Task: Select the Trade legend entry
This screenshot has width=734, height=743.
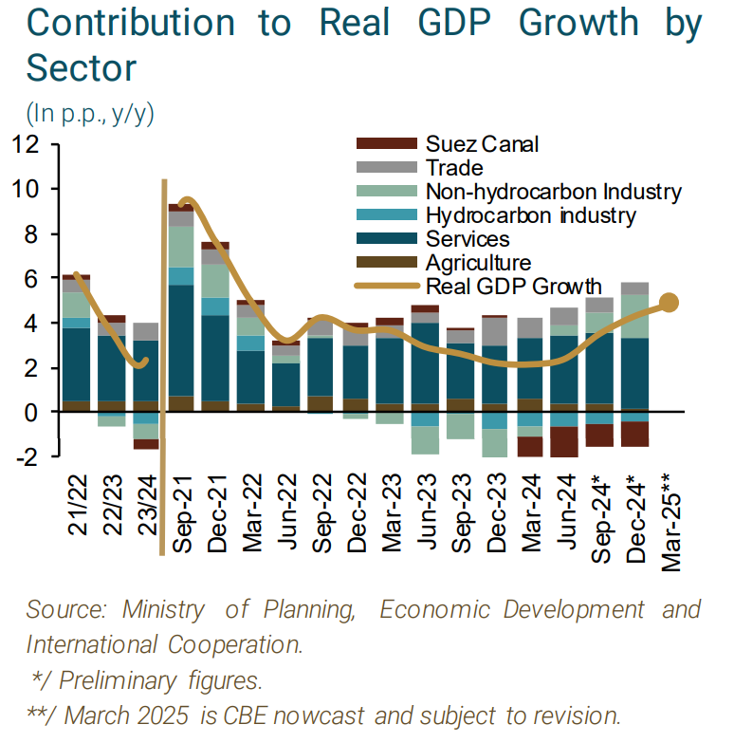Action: [x=454, y=168]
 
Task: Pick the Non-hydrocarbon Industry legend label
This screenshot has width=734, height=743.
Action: [x=553, y=192]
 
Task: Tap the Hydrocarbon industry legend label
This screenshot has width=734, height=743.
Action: [x=530, y=215]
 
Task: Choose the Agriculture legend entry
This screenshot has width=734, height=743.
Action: [x=478, y=263]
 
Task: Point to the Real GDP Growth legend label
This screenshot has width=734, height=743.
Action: [x=513, y=286]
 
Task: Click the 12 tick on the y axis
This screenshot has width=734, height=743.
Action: [x=25, y=145]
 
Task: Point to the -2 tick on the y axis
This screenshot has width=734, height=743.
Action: [x=26, y=456]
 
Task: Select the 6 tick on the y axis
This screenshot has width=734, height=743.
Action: [x=31, y=279]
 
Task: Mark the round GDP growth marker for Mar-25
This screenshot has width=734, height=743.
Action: [x=669, y=303]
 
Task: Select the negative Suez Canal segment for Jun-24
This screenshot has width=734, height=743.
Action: [x=565, y=442]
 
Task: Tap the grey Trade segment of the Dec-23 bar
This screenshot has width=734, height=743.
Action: [x=495, y=331]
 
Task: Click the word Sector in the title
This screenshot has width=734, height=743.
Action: [x=83, y=66]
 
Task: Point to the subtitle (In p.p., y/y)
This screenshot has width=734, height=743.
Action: [x=90, y=114]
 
